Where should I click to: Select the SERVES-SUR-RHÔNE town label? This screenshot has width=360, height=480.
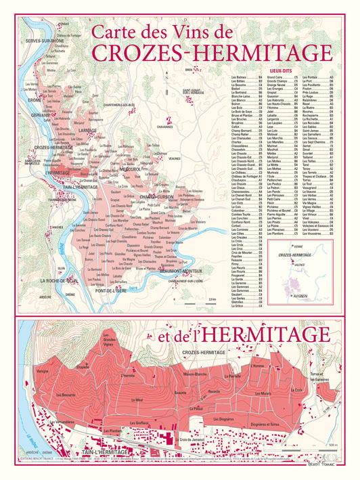(45, 41)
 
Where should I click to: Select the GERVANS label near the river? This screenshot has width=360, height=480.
(41, 115)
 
